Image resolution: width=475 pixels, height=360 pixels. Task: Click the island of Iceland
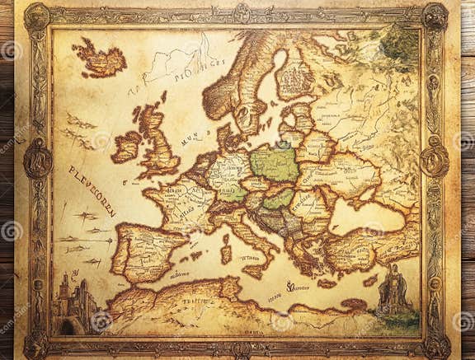click(99, 58)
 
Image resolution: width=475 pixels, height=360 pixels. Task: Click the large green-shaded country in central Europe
click(275, 163)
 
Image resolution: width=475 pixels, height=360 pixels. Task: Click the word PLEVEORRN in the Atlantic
click(92, 190)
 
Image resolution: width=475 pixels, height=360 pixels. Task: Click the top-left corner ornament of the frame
click(36, 16)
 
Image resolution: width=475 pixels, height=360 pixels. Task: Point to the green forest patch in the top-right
click(400, 41)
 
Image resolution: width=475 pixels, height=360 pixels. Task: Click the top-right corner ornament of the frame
click(435, 16)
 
